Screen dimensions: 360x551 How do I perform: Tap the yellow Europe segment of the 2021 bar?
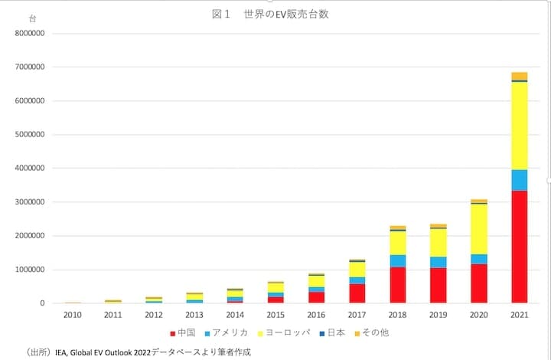pyautogui.click(x=520, y=126)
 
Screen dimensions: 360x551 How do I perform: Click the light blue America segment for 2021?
pyautogui.click(x=520, y=180)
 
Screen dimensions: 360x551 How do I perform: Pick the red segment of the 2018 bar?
pyautogui.click(x=398, y=285)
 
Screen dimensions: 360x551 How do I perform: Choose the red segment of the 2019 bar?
pyautogui.click(x=439, y=286)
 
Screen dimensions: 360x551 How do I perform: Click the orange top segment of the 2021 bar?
pyautogui.click(x=520, y=76)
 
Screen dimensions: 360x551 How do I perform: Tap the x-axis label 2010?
pyautogui.click(x=73, y=315)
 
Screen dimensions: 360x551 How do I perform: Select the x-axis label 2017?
pyautogui.click(x=357, y=315)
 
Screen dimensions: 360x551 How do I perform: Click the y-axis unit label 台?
pyautogui.click(x=31, y=17)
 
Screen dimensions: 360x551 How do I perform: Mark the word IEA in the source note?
pyautogui.click(x=63, y=352)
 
